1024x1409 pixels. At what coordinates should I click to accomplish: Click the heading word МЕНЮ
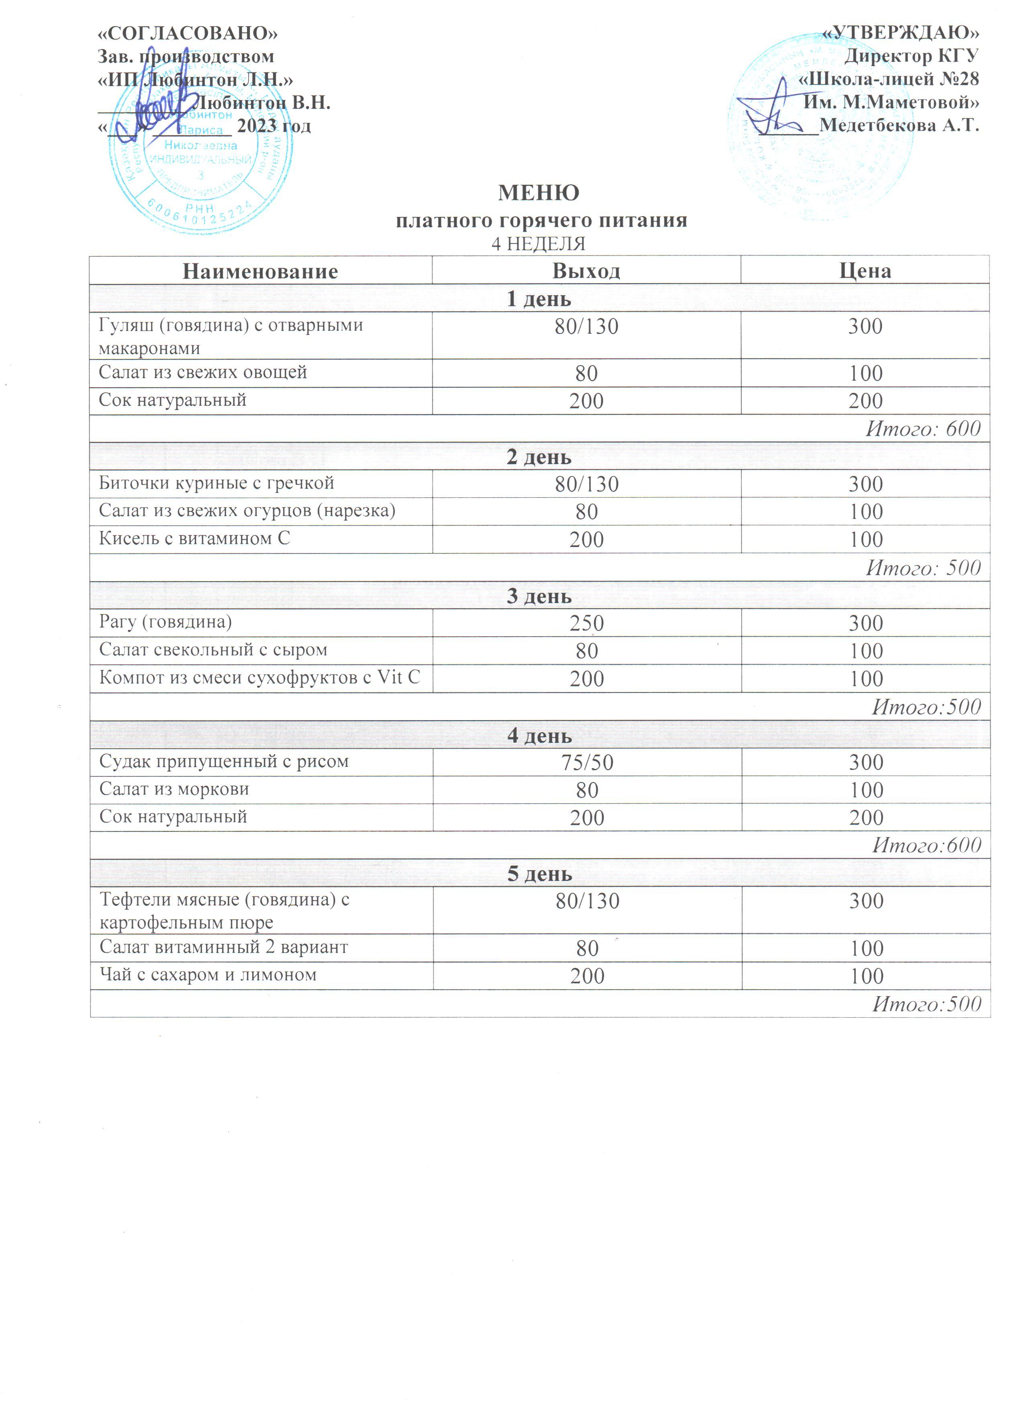(539, 193)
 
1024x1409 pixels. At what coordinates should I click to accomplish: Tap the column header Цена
(865, 271)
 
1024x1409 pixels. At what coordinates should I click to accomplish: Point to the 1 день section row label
(539, 299)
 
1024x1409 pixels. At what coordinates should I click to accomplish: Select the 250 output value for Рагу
(586, 623)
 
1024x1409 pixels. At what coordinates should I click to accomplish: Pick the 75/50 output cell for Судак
(587, 762)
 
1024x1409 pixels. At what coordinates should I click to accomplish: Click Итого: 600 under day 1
(923, 429)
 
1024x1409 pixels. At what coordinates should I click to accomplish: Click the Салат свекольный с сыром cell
(213, 650)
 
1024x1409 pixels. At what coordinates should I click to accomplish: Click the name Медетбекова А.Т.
(899, 125)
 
